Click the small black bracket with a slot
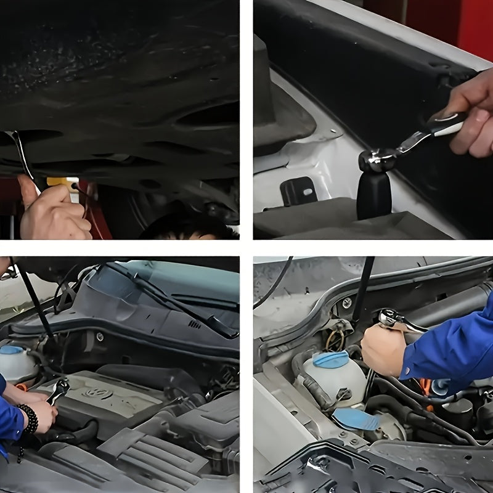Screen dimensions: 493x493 298,191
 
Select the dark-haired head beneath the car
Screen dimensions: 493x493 185,228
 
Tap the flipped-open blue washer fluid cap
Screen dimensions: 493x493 356,419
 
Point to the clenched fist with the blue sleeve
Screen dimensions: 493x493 383,349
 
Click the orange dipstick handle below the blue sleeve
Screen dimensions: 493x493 425,387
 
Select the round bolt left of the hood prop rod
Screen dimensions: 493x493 347,303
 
